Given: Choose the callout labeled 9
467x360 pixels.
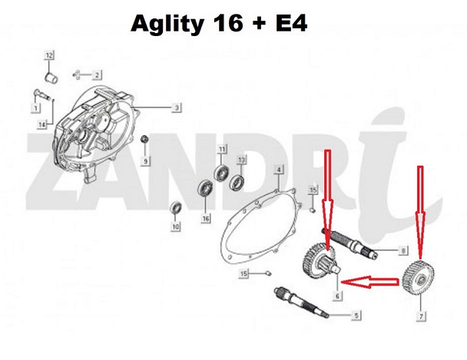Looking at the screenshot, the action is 146,161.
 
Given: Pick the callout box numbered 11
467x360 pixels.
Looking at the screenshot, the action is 222,149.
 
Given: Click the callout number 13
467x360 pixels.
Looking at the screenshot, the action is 240,160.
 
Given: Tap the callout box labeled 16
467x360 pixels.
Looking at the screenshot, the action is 206,219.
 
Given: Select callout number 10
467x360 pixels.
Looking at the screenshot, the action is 175,228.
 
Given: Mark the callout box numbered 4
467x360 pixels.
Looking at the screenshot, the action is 279,169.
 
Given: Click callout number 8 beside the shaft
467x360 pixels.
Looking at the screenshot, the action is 402,250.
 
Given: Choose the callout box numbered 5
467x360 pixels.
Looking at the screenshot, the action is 356,315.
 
